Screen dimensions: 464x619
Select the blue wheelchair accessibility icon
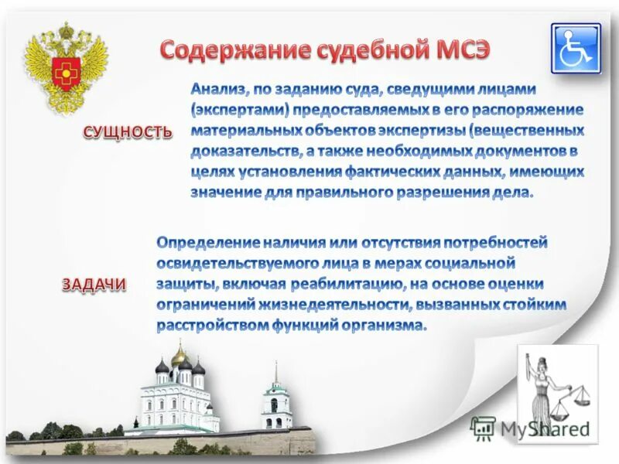coord(575,48)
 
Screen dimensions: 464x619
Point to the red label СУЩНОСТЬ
coord(128,132)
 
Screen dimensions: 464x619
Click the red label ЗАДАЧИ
coord(94,285)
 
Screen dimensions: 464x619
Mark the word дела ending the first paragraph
coord(514,191)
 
